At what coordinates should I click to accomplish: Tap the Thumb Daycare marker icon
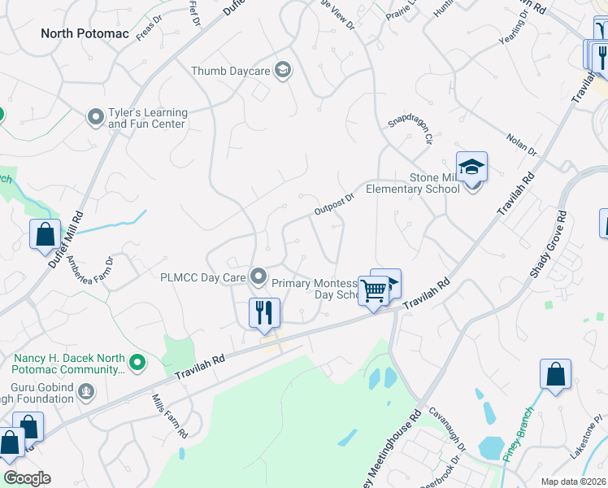[x=283, y=71]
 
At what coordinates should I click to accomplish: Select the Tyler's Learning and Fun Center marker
[x=96, y=118]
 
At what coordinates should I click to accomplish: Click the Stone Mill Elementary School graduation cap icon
[x=471, y=168]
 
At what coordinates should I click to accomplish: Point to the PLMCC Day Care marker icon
[x=258, y=277]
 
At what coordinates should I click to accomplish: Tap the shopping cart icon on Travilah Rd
[x=373, y=290]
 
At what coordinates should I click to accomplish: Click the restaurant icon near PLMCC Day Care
[x=264, y=312]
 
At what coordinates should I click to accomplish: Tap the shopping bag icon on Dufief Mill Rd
[x=46, y=234]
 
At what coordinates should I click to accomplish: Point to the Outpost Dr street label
[x=335, y=203]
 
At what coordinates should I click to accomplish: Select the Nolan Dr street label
[x=521, y=145]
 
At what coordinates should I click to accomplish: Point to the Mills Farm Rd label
[x=171, y=415]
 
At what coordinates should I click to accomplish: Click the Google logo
[x=28, y=478]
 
